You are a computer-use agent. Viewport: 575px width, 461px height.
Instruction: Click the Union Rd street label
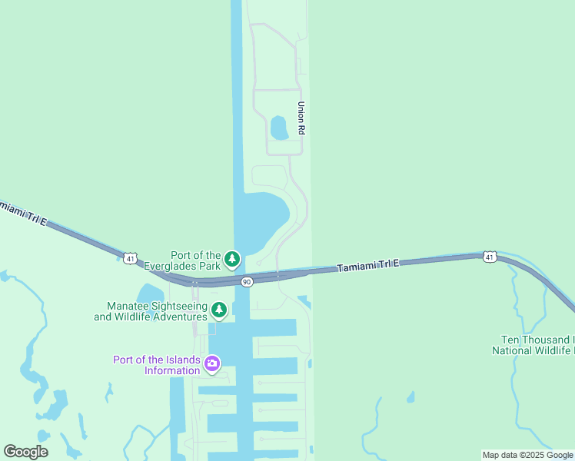click(302, 119)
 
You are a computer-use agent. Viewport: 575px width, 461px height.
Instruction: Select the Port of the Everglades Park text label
click(195, 260)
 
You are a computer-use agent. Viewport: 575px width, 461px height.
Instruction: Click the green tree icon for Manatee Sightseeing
click(219, 310)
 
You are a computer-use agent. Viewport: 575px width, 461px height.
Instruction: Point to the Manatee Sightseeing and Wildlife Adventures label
click(151, 310)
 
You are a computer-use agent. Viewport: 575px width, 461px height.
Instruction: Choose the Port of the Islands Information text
click(156, 365)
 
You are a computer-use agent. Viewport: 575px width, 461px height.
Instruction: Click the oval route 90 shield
click(246, 282)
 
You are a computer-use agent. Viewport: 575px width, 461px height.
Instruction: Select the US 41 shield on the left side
click(131, 258)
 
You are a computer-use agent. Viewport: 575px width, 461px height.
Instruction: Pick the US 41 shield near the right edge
click(490, 256)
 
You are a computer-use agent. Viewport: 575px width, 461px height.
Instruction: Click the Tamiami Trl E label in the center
click(368, 266)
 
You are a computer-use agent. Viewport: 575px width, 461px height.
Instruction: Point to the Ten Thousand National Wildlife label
click(533, 345)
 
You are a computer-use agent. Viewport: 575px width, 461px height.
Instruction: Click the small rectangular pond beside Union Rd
click(279, 127)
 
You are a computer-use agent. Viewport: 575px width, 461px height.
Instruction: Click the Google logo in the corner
click(25, 451)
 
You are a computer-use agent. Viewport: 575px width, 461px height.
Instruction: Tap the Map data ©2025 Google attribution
click(527, 455)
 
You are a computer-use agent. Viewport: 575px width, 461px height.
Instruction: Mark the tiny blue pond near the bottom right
click(410, 397)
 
